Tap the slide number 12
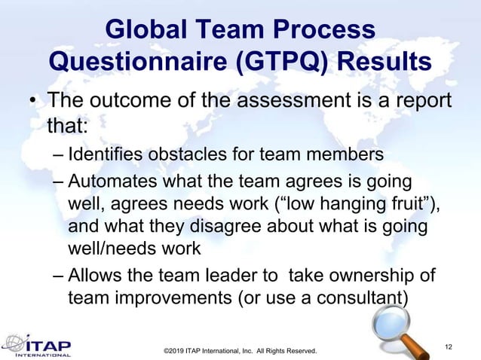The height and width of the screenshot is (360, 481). click(x=450, y=345)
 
